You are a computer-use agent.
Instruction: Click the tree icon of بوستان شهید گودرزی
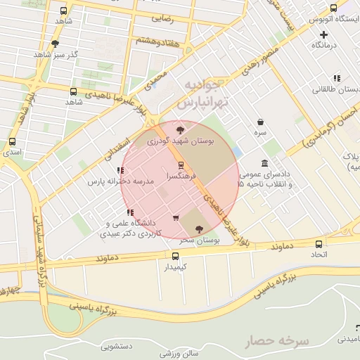click(181, 129)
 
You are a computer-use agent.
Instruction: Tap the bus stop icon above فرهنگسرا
click(181, 165)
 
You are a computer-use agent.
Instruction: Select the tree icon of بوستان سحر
click(199, 229)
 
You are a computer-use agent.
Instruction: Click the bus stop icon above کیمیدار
click(176, 256)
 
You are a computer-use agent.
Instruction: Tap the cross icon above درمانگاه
click(323, 34)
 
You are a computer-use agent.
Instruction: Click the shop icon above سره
click(261, 122)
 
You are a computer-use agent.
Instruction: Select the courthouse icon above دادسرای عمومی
click(264, 163)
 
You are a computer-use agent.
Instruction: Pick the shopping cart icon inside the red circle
click(176, 217)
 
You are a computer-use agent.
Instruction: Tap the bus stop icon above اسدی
click(12, 141)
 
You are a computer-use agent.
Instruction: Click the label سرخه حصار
click(277, 342)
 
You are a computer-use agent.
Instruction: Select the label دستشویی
click(117, 346)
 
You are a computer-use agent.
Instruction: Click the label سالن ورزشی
click(179, 352)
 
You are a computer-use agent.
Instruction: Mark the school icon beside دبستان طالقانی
click(337, 78)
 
